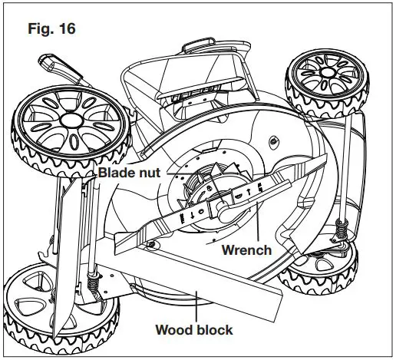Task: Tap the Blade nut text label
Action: click(x=129, y=173)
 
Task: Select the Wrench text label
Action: click(x=246, y=250)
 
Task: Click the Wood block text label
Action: click(x=194, y=331)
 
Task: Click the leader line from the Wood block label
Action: click(x=198, y=310)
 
